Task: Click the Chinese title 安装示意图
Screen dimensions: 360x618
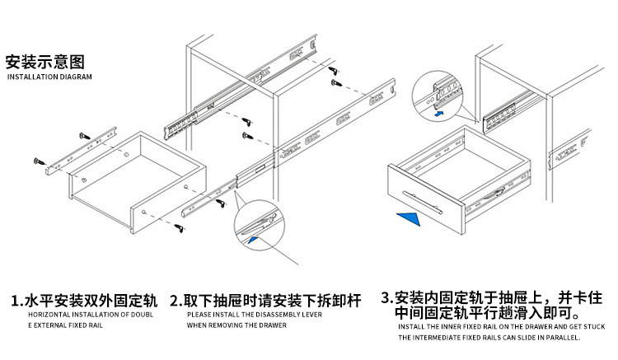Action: pyautogui.click(x=45, y=62)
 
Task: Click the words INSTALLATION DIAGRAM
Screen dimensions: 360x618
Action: pyautogui.click(x=50, y=77)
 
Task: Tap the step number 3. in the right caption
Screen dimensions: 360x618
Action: pyautogui.click(x=387, y=297)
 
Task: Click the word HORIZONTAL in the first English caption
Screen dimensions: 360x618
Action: pyautogui.click(x=50, y=315)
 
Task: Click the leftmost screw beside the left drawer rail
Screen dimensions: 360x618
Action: pyautogui.click(x=43, y=163)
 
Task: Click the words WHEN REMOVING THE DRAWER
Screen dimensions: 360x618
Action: pyautogui.click(x=236, y=325)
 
